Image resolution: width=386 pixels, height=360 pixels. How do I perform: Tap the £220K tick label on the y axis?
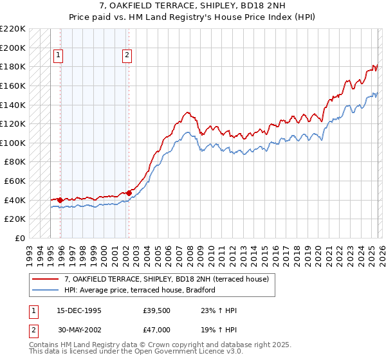point(13,29)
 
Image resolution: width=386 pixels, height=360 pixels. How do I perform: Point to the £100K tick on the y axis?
point(13,143)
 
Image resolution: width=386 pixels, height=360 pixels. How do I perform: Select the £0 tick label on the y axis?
point(20,238)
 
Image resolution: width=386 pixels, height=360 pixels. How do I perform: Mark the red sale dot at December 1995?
point(60,200)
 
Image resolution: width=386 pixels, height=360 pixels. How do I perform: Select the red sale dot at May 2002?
point(129,192)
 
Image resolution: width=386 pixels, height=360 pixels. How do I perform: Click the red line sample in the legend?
point(46,279)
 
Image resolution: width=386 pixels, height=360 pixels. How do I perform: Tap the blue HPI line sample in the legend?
point(46,290)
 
